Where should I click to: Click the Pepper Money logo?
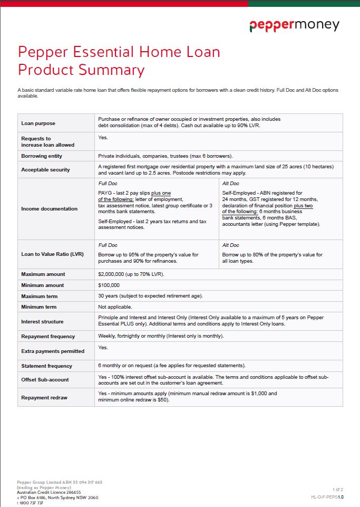coord(294,25)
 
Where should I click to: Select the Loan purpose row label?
coord(38,123)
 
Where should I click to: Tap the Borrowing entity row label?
coord(42,156)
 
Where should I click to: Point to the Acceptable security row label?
coord(45,170)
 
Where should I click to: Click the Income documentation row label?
coord(49,209)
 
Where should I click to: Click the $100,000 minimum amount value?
coord(109,285)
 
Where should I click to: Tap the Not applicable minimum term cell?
coord(115,307)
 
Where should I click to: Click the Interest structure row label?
coord(42,322)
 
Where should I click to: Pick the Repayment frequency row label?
coord(48,337)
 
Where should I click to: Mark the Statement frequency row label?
coord(46,366)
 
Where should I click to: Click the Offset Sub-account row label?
coord(45,380)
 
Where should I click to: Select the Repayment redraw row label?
coord(44,398)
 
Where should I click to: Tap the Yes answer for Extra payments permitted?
coord(103,348)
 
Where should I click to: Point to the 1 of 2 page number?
coord(338,490)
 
